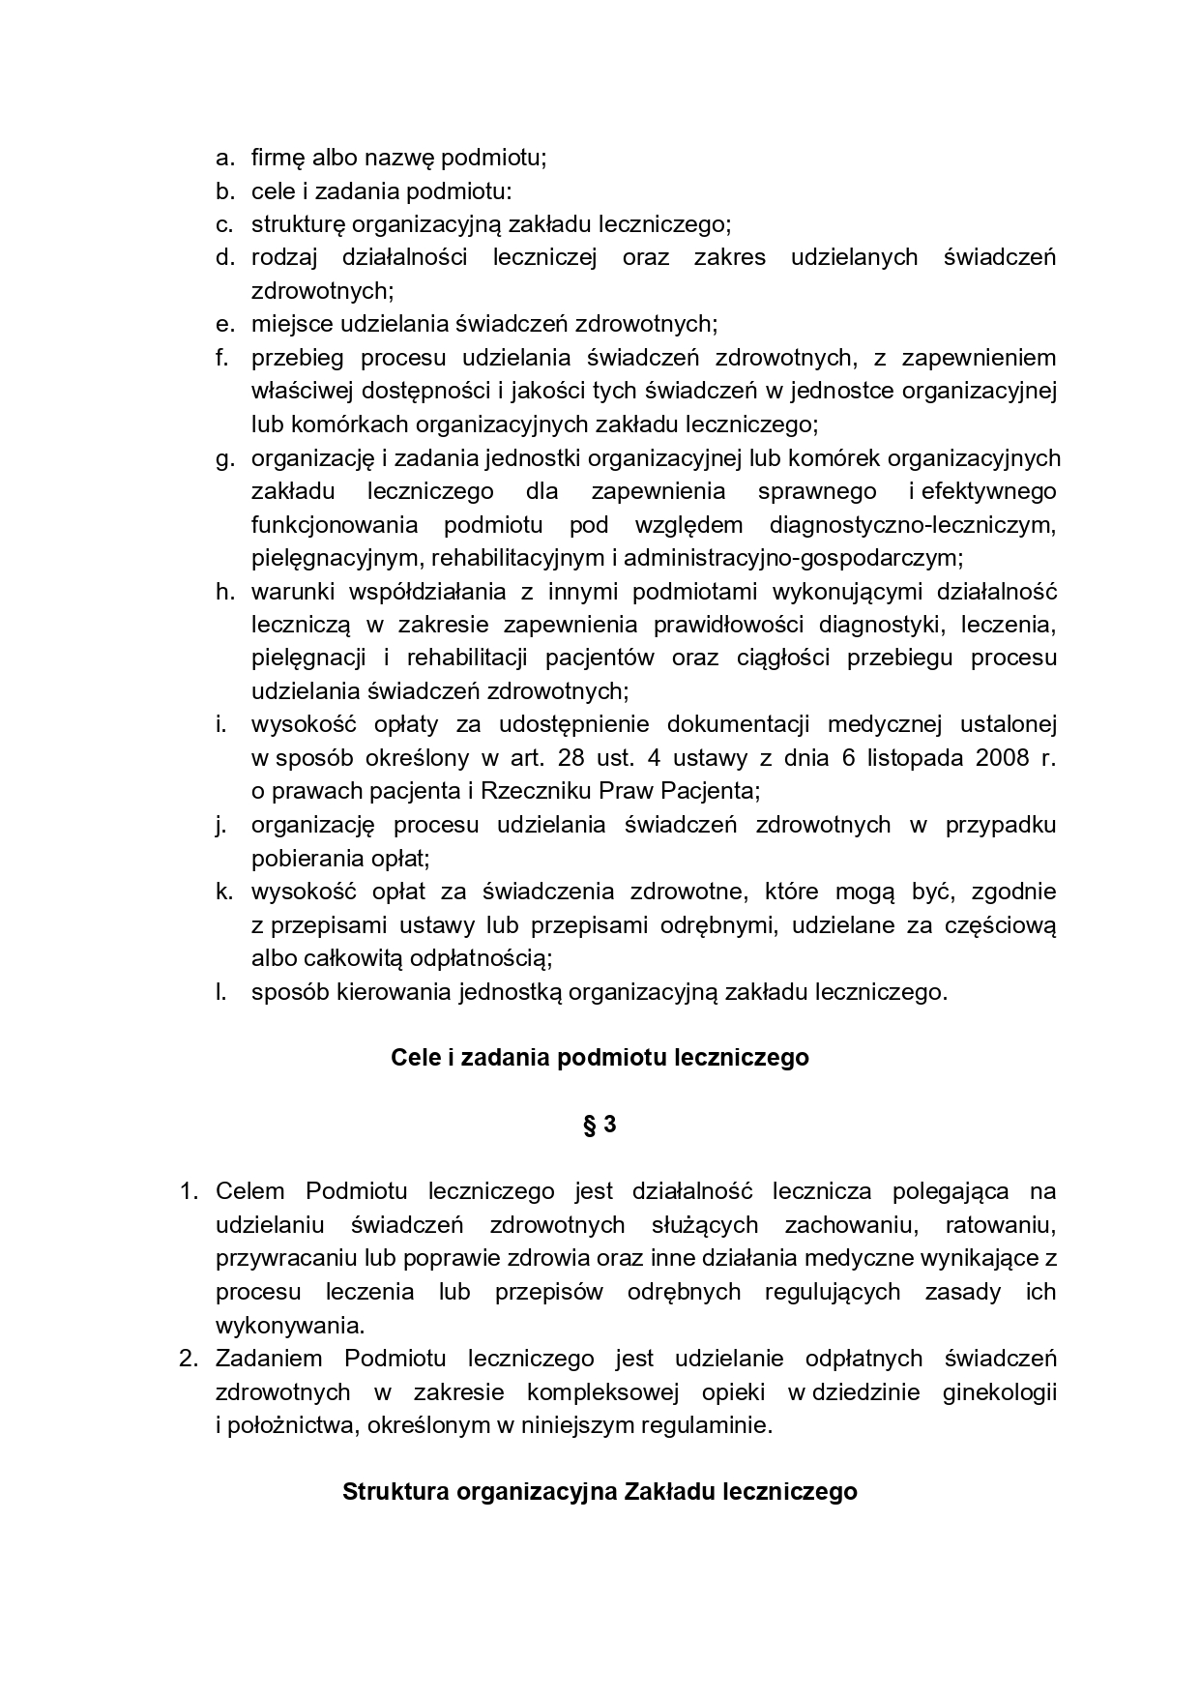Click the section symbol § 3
click(600, 1125)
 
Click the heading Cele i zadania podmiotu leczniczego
click(600, 1058)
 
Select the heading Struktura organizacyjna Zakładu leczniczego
click(600, 1491)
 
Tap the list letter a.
click(224, 157)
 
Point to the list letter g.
click(224, 458)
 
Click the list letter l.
click(221, 991)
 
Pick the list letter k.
click(224, 891)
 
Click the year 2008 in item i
click(1002, 757)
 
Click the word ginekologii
click(999, 1392)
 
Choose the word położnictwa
click(288, 1425)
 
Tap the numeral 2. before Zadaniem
click(189, 1359)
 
